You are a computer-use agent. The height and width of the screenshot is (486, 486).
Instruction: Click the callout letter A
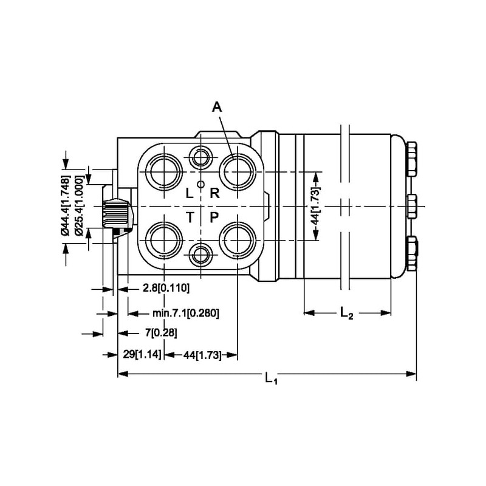[217, 108]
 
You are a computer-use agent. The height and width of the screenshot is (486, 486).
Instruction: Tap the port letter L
[189, 194]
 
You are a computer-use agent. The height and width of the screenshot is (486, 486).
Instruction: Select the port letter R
[214, 194]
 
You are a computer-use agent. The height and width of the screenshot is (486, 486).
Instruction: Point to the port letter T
[190, 217]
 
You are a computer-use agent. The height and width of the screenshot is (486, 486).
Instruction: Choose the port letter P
[214, 217]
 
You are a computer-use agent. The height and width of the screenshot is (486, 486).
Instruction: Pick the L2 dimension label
[346, 313]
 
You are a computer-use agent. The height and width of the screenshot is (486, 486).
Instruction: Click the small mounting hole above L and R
[200, 158]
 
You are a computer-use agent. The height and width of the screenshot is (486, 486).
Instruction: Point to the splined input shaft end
[117, 213]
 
